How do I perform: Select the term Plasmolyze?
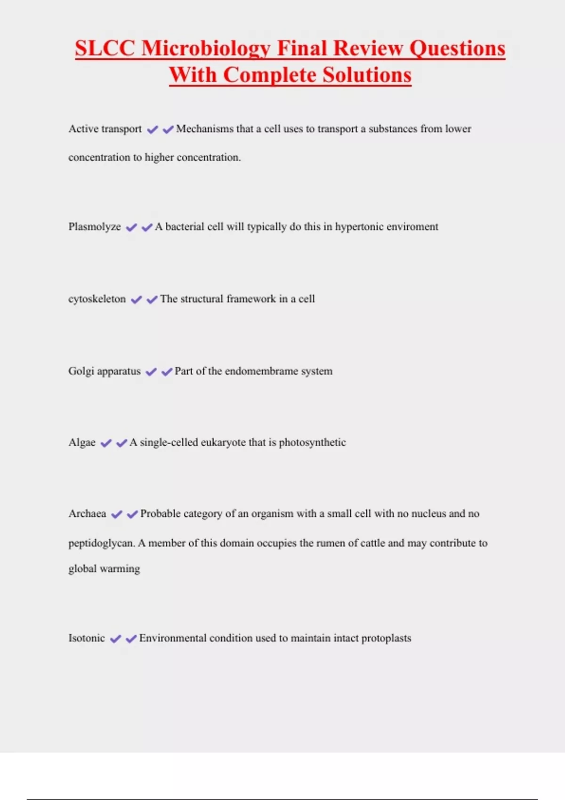point(95,227)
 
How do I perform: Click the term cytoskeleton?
point(97,299)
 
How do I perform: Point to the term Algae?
point(82,443)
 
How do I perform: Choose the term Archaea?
point(87,514)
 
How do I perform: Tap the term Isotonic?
point(87,638)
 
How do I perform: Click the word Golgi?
point(81,371)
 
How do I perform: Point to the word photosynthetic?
point(312,443)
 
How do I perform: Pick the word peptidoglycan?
point(100,544)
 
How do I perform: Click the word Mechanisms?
point(205,129)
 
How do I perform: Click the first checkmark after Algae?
point(106,443)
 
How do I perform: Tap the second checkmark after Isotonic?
point(131,639)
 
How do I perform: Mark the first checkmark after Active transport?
point(152,129)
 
